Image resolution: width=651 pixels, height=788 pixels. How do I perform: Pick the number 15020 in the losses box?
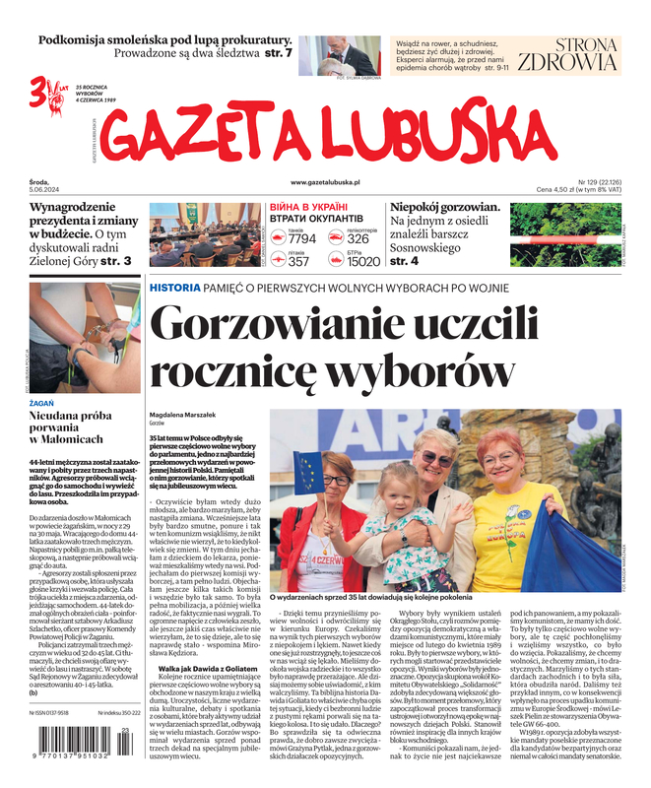point(363,261)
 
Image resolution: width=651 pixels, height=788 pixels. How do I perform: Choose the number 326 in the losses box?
point(358,238)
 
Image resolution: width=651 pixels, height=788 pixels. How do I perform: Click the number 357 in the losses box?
point(298,261)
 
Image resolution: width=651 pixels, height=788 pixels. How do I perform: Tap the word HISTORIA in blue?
point(173,287)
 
